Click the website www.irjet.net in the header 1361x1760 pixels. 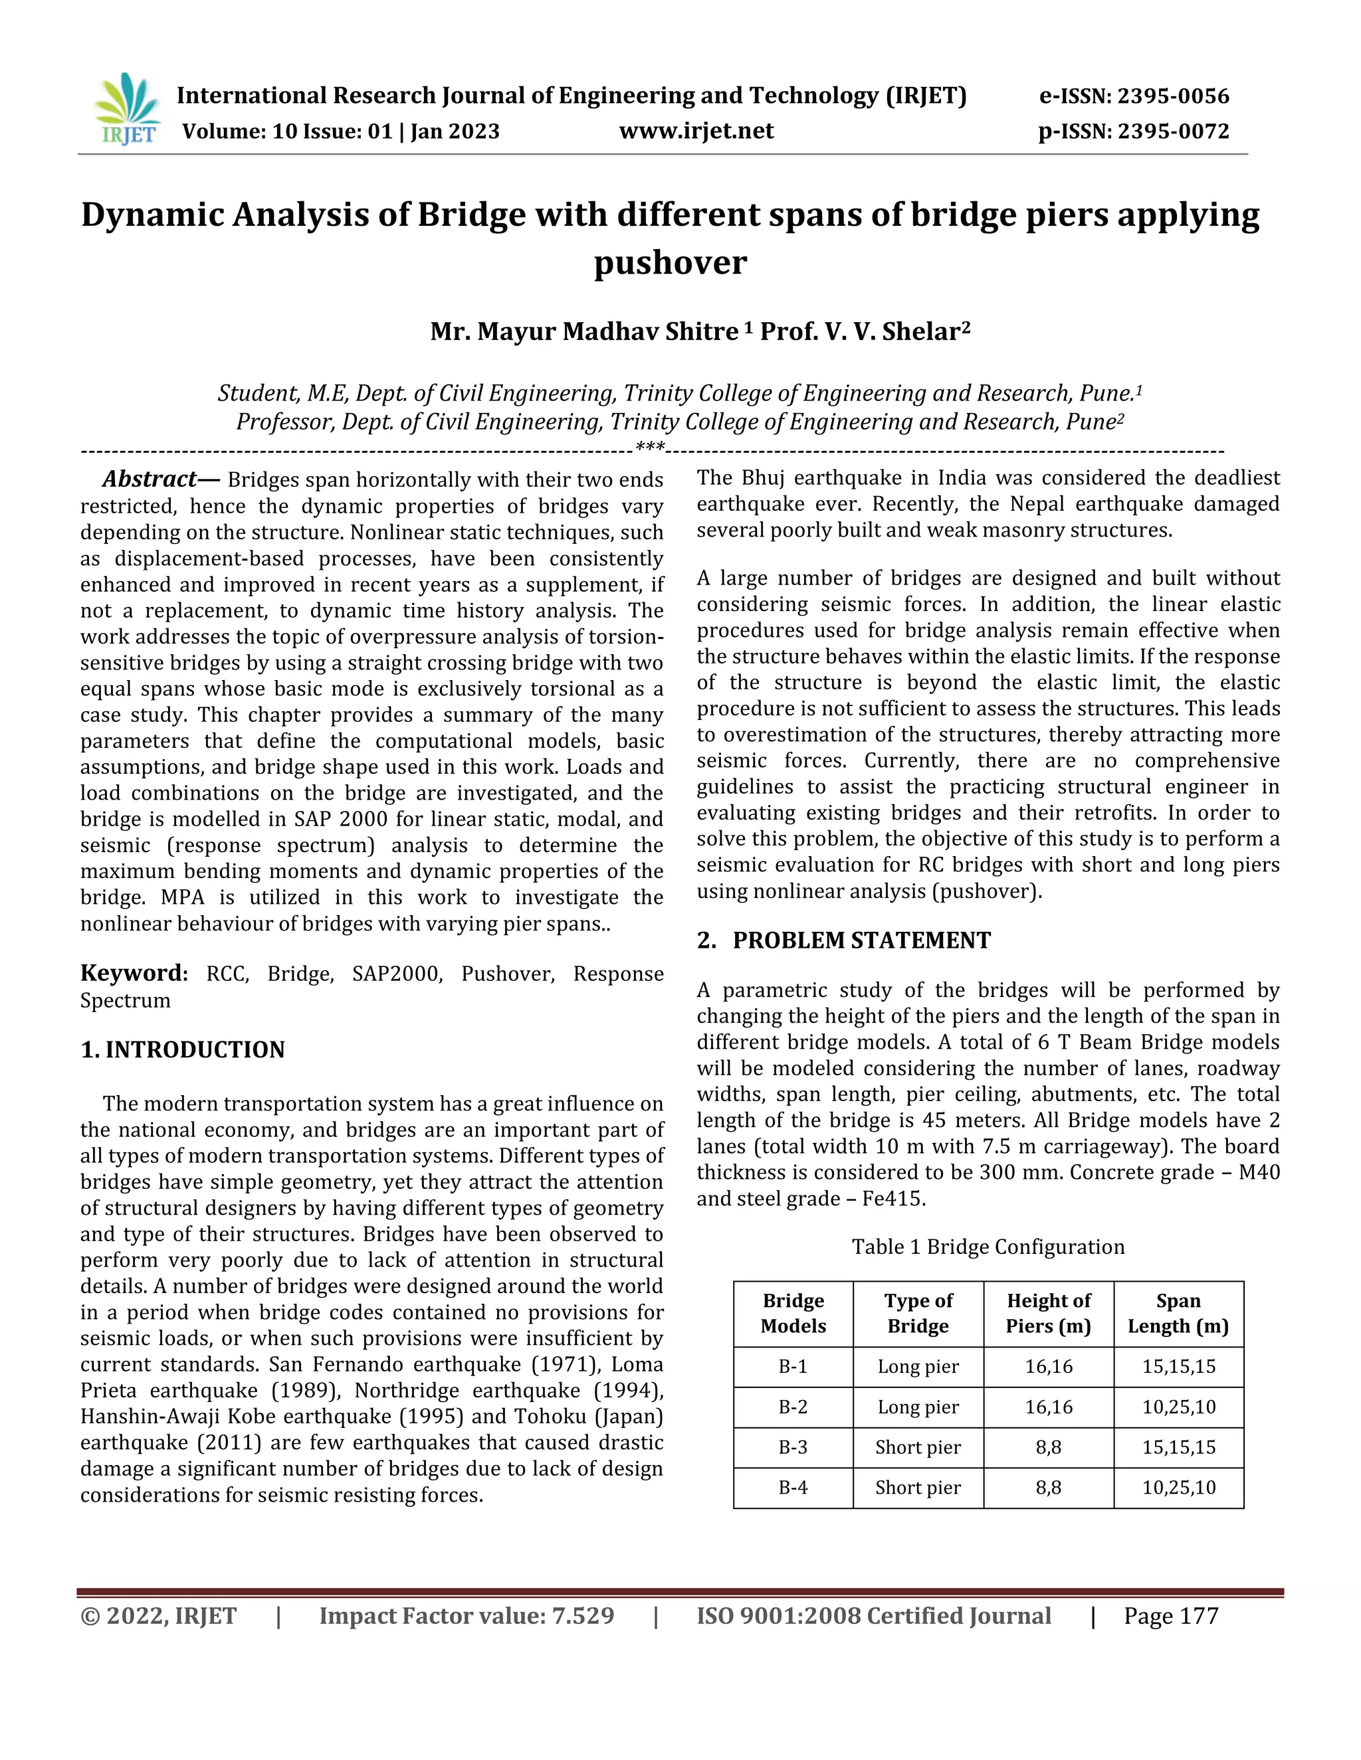coord(696,131)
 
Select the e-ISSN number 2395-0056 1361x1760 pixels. coord(1173,96)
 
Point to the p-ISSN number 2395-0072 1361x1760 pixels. coord(1173,131)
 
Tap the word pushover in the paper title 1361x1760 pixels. coord(670,263)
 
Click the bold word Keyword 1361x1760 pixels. coord(133,973)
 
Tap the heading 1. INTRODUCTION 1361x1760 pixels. coord(183,1049)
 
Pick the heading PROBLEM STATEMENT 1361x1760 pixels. coord(861,940)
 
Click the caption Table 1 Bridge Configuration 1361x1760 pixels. coord(988,1247)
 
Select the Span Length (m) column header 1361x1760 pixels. coord(1178,1313)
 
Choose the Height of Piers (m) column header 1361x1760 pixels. coord(1048,1313)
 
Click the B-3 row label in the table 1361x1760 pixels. coord(793,1447)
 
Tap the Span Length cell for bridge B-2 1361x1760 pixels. coord(1178,1407)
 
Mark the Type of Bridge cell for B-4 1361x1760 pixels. coord(918,1488)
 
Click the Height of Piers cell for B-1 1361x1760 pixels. coord(1048,1367)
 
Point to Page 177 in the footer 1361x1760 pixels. coord(1171,1616)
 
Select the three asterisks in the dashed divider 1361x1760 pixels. coord(650,447)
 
